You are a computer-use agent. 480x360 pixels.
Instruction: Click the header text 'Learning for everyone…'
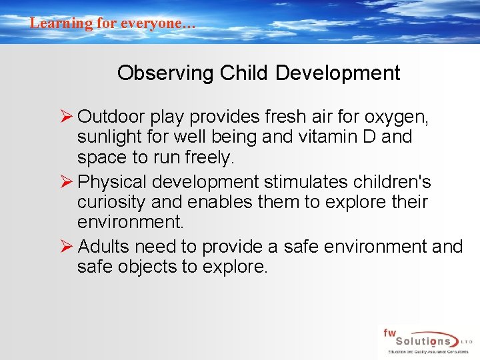click(113, 23)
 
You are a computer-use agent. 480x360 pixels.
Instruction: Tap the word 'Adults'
click(104, 247)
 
